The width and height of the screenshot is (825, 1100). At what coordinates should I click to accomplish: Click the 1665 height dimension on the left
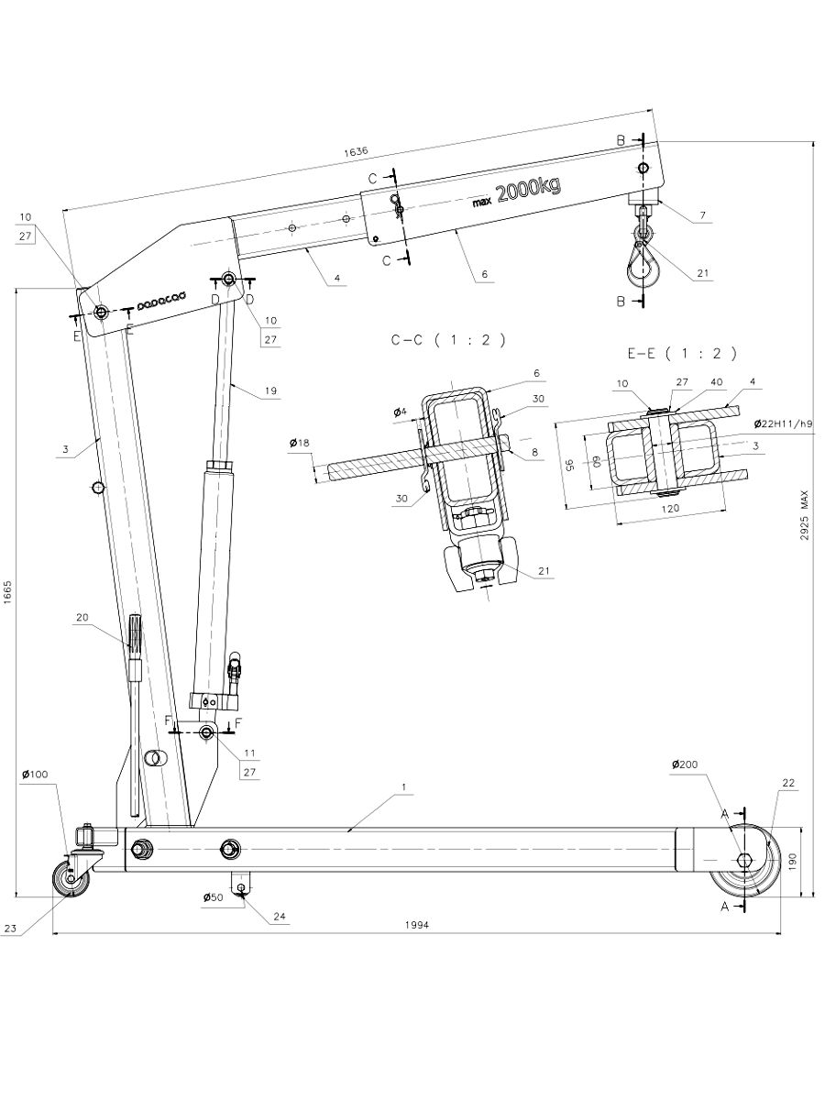pos(7,592)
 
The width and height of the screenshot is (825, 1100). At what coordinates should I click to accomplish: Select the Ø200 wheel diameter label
pos(687,764)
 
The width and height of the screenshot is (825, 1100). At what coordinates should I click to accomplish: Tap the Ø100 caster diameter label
pos(36,775)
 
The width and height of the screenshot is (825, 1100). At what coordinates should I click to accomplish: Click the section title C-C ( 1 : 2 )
pos(447,340)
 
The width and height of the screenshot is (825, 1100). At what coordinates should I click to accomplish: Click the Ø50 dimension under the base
pos(214,898)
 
